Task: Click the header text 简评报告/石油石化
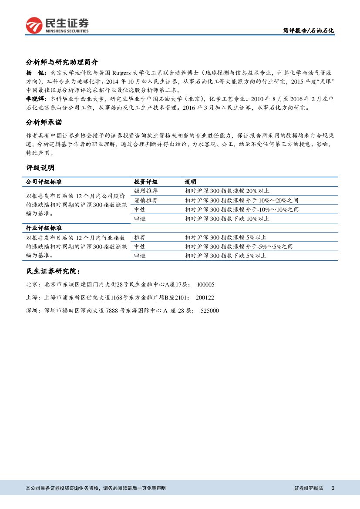click(x=308, y=31)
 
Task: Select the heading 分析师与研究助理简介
click(x=62, y=62)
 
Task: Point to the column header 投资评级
click(x=146, y=182)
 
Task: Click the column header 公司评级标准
click(x=44, y=182)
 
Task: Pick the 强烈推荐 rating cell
click(x=146, y=191)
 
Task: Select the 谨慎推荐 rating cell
click(x=146, y=200)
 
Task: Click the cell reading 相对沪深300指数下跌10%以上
click(x=227, y=219)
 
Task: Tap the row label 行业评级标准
click(x=44, y=228)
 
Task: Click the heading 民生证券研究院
click(x=53, y=271)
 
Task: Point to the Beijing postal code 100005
click(x=205, y=284)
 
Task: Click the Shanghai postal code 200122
click(x=205, y=297)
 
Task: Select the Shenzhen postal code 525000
click(x=210, y=310)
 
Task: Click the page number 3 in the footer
click(x=333, y=488)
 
